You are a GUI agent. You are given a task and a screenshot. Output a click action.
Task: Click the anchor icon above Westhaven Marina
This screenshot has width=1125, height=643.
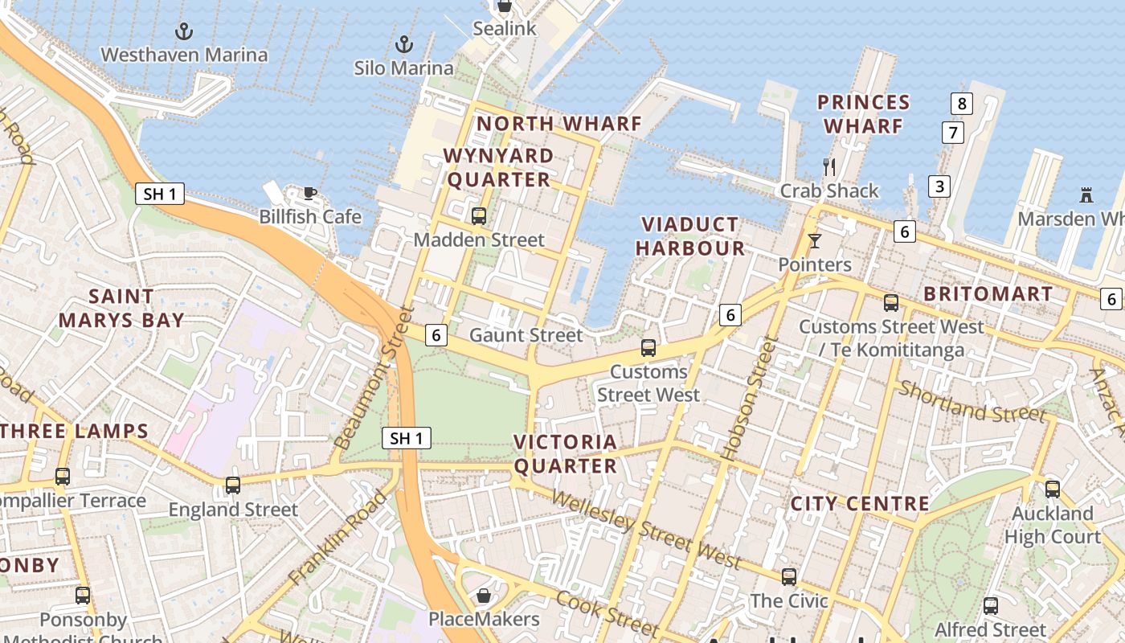click(185, 32)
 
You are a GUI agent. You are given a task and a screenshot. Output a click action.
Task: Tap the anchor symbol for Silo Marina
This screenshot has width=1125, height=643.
click(404, 44)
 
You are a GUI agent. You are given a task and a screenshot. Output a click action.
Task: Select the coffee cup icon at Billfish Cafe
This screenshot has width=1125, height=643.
click(309, 193)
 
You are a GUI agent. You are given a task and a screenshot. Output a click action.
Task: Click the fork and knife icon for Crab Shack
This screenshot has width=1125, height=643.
click(829, 167)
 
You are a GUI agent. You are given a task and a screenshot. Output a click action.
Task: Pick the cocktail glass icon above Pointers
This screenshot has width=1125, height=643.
click(815, 240)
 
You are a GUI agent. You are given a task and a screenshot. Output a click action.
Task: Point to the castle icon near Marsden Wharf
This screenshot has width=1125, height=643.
click(1086, 195)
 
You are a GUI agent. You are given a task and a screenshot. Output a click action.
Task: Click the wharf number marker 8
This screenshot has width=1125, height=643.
click(961, 103)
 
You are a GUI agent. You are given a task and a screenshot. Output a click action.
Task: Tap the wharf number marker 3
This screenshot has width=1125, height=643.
click(939, 186)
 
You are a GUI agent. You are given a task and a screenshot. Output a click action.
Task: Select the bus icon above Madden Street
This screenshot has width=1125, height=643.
click(479, 215)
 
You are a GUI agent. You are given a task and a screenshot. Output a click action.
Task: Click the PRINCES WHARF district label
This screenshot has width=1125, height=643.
click(863, 114)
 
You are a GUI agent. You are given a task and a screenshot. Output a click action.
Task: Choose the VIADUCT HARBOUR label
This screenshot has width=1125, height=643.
click(690, 236)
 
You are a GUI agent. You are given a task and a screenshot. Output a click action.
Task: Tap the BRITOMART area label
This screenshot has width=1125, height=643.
click(988, 294)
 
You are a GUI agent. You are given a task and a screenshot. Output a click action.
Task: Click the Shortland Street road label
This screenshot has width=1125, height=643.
click(972, 401)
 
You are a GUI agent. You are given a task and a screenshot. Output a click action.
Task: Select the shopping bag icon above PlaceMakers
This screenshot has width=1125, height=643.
click(484, 596)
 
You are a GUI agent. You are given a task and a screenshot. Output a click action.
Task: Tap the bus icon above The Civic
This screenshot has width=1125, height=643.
click(789, 576)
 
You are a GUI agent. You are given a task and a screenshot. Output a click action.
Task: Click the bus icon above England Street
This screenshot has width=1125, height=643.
click(233, 485)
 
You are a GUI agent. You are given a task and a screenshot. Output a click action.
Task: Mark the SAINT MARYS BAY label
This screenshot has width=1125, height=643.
click(121, 308)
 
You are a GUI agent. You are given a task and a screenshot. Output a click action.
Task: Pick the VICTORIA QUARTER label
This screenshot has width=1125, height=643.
click(566, 454)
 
